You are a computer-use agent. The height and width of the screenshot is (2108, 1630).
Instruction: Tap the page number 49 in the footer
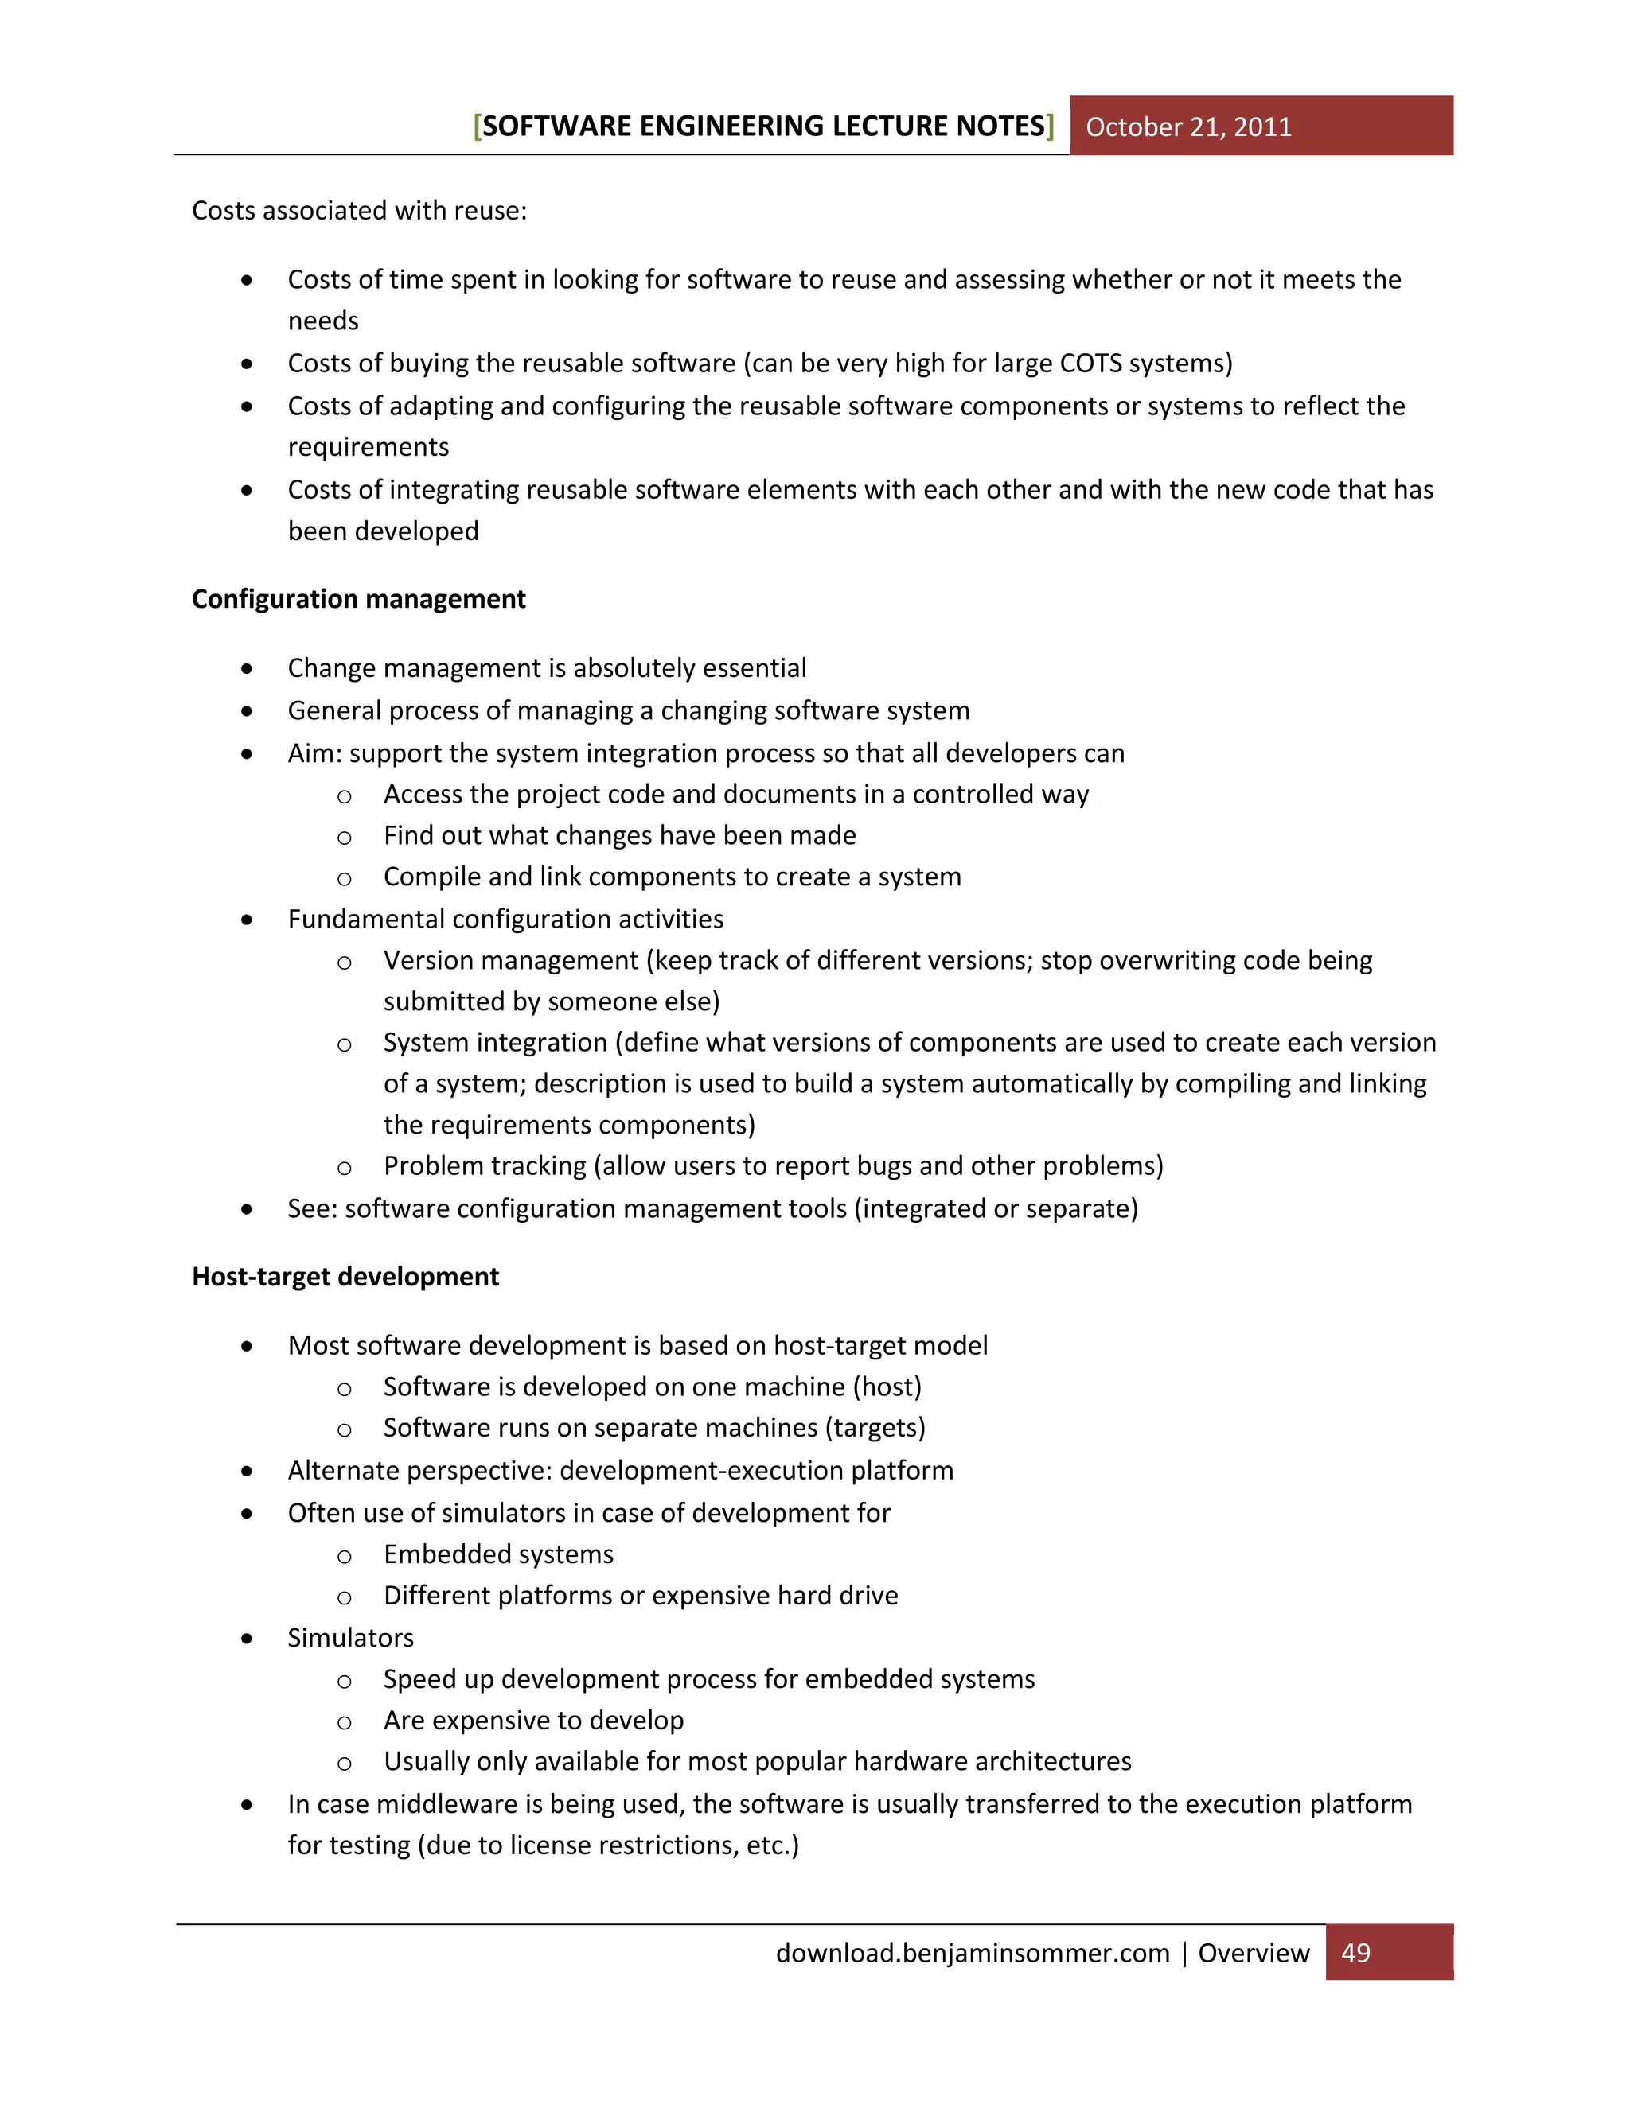point(1355,1953)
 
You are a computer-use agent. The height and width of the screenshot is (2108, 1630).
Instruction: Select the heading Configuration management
point(358,600)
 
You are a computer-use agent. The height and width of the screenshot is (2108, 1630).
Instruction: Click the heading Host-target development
point(345,1277)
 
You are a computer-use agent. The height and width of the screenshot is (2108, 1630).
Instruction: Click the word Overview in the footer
point(1254,1953)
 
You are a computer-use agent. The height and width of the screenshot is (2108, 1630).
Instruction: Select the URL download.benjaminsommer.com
point(973,1953)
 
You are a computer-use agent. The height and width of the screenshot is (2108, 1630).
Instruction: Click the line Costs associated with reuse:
point(359,211)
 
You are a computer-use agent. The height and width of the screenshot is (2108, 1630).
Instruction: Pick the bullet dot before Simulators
point(248,1639)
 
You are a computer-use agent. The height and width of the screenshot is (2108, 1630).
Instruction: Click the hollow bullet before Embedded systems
point(344,1556)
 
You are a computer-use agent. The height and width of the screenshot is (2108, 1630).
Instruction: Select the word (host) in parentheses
point(887,1387)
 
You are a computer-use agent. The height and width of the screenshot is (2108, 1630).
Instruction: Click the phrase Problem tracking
point(485,1166)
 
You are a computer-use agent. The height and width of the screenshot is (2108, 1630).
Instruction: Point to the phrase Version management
point(511,960)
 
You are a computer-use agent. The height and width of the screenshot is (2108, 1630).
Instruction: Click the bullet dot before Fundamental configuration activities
point(248,920)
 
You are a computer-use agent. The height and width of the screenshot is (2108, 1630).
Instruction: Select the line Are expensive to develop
point(533,1720)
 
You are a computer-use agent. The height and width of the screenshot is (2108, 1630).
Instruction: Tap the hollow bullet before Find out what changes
point(344,837)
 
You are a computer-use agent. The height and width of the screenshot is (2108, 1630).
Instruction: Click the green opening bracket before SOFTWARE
point(477,126)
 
